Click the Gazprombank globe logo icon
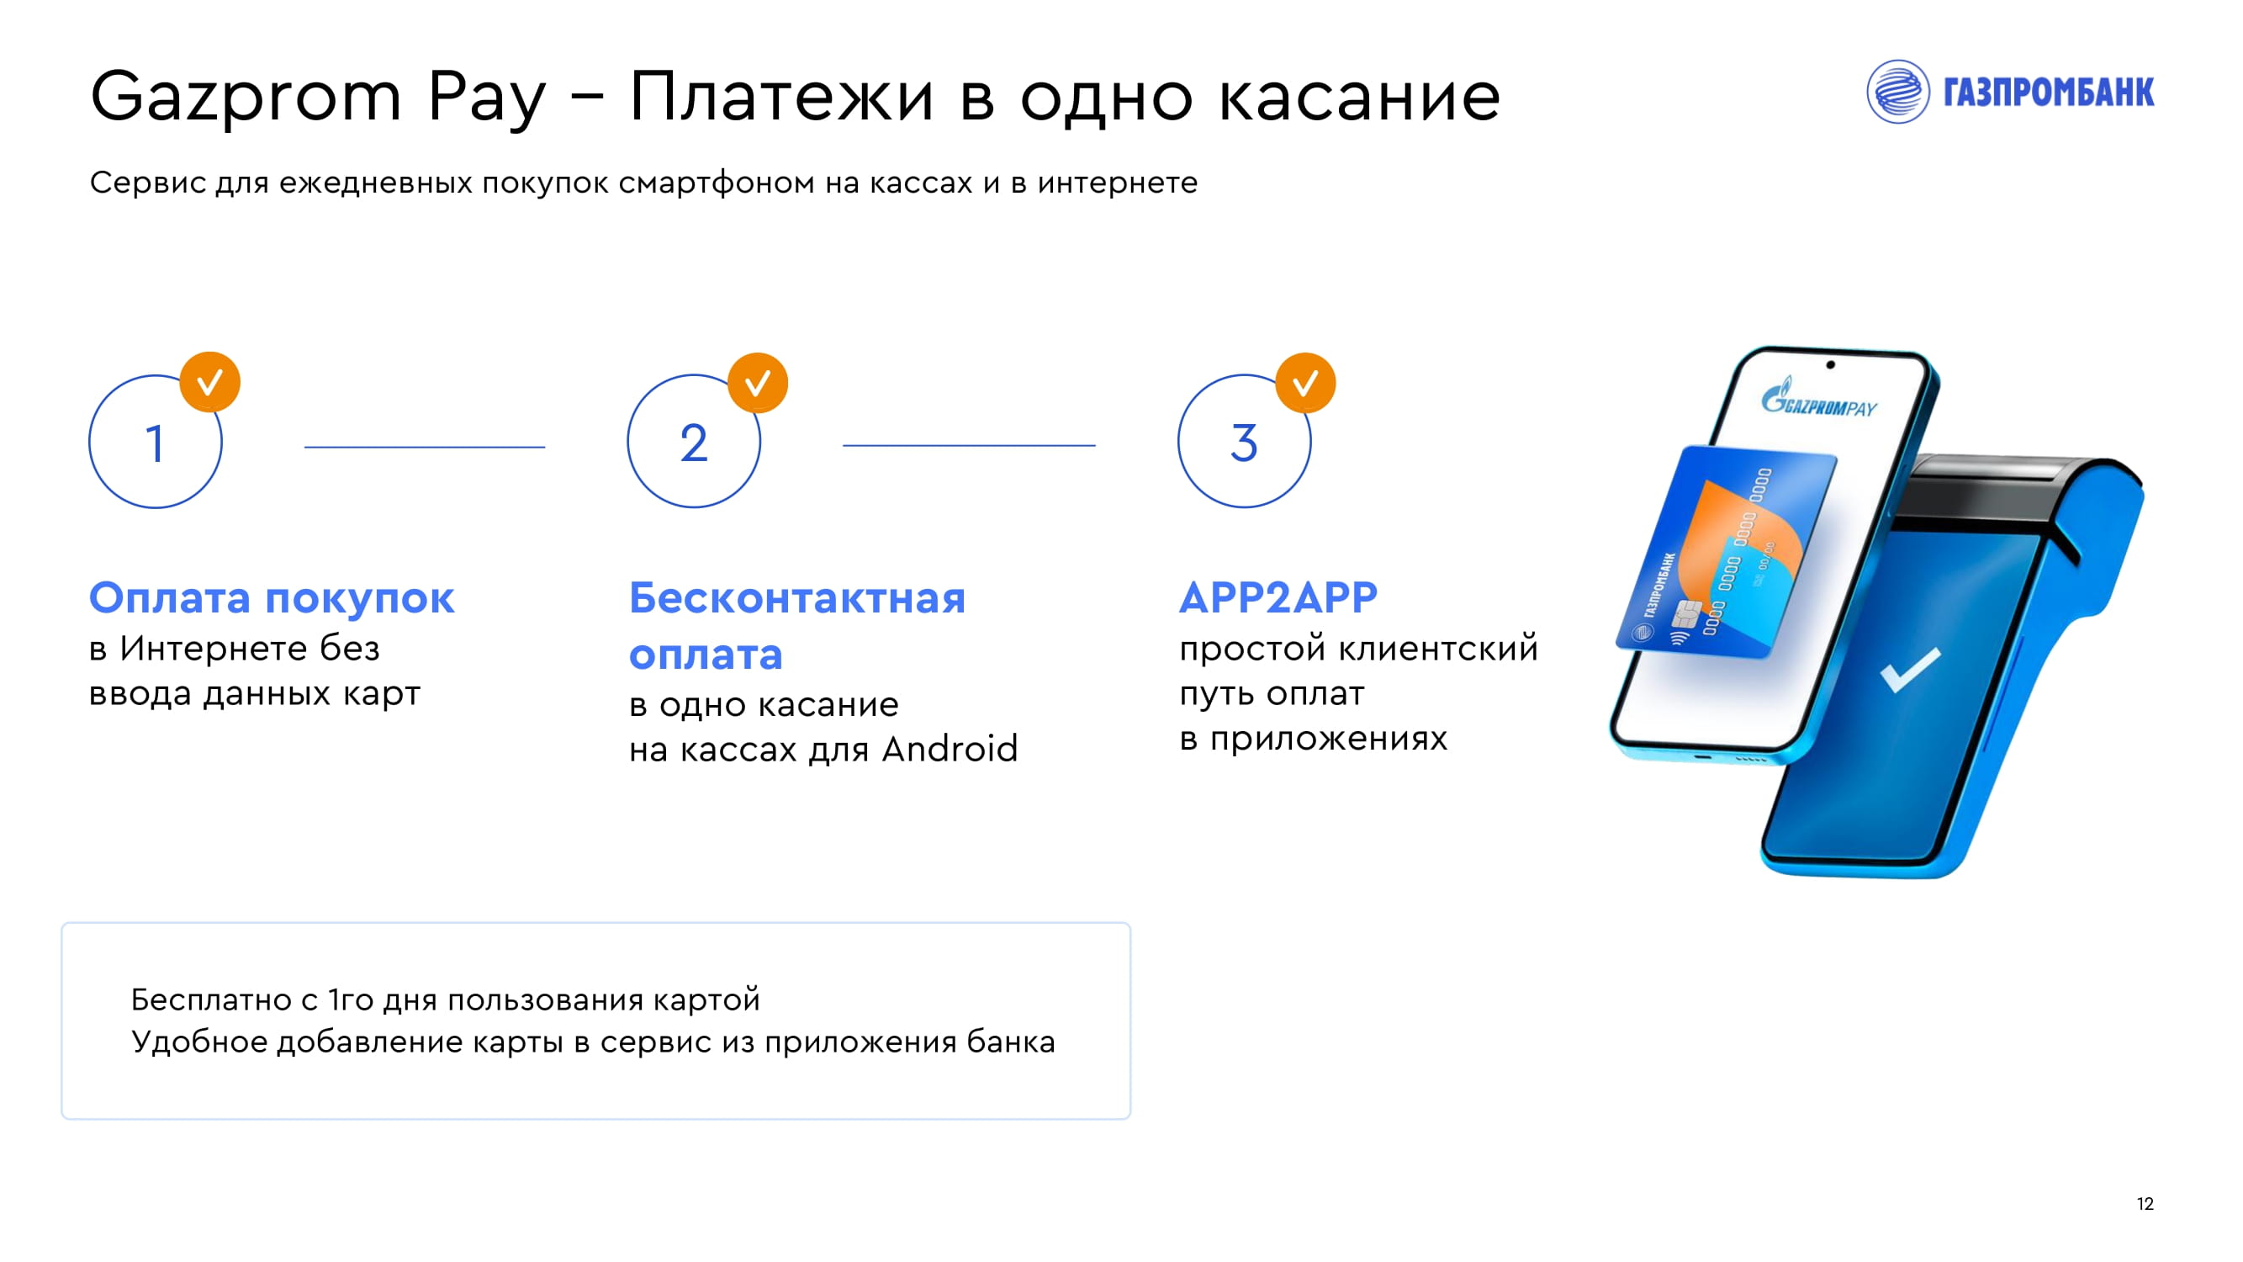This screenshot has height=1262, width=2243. (x=1897, y=92)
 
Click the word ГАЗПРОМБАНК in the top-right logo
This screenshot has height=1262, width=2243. (x=2049, y=93)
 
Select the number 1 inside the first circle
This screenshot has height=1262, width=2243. (x=155, y=443)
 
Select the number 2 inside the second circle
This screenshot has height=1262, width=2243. (x=694, y=443)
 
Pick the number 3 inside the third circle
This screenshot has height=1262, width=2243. (x=1244, y=443)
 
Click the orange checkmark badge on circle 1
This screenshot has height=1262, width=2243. (x=210, y=381)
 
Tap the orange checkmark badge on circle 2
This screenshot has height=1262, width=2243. (x=758, y=382)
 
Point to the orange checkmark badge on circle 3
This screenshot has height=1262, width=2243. (x=1305, y=382)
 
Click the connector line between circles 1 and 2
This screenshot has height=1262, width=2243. (x=425, y=447)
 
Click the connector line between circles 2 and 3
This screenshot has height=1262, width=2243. (x=969, y=445)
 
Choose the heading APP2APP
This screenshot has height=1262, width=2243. (x=1278, y=597)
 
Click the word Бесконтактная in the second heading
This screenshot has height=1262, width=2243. (x=797, y=597)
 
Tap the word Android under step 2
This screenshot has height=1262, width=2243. (x=950, y=749)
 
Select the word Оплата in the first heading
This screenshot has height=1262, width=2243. (x=170, y=597)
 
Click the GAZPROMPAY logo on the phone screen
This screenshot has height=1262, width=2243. (x=1819, y=400)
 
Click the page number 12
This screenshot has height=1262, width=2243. (x=2145, y=1204)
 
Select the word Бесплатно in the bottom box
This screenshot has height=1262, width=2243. (x=211, y=1000)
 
